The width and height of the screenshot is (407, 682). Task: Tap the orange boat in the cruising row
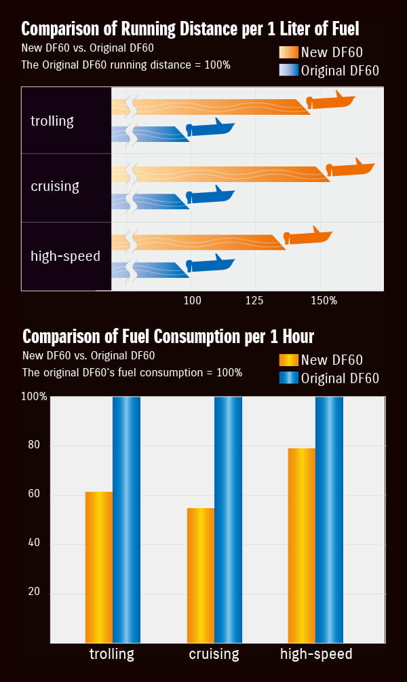tap(350, 169)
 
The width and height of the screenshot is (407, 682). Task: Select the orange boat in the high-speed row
tap(307, 236)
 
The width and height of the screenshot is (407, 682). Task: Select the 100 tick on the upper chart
tap(192, 300)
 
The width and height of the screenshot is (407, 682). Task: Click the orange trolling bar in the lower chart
tap(99, 567)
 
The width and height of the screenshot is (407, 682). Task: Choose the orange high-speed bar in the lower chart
tap(301, 545)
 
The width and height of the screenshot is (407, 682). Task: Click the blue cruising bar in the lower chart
tap(228, 520)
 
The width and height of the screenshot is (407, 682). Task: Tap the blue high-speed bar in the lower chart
tap(329, 520)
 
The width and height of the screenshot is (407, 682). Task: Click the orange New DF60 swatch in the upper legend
tap(288, 52)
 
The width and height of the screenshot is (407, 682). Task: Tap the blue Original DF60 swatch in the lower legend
tap(288, 378)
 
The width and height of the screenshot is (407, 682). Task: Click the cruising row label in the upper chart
tap(55, 186)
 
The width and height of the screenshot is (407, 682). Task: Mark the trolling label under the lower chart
tap(112, 655)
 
